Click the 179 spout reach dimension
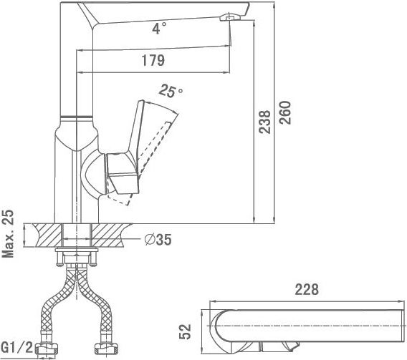coord(153,60)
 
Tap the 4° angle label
coord(159,28)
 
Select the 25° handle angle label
coord(171,91)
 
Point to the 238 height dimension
coord(264,122)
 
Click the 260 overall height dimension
coord(285,112)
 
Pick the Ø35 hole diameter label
coord(158,240)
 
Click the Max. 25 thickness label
coord(8,233)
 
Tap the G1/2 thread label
coord(17,348)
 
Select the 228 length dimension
coord(307,290)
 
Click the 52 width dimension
coord(185,331)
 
